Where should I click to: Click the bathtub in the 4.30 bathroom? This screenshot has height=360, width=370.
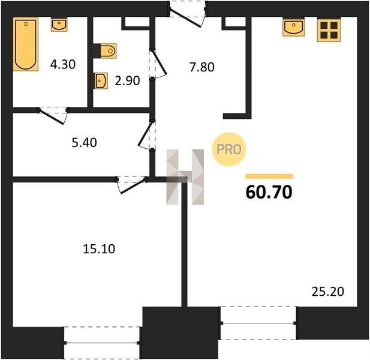(x=25, y=44)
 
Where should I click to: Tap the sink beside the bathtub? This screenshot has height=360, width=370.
(x=59, y=25)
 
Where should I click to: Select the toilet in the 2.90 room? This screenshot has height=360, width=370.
(x=105, y=51)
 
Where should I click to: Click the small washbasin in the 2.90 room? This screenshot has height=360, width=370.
(x=101, y=81)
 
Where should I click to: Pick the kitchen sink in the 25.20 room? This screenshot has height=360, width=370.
(x=294, y=28)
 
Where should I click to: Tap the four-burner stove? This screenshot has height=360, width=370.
(x=329, y=30)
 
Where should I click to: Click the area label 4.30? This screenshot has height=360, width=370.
(x=63, y=64)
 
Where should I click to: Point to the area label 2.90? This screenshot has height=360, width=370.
(x=127, y=81)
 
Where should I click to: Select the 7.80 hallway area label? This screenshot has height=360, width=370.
(x=202, y=67)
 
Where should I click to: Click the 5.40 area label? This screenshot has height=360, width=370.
(x=84, y=143)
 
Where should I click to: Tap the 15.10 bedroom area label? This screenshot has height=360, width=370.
(x=99, y=249)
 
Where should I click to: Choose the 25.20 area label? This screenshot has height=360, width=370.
(x=328, y=292)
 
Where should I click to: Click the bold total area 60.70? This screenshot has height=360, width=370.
(x=269, y=192)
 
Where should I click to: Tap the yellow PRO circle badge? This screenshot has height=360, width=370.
(x=229, y=149)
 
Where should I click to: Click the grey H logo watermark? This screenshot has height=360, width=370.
(x=185, y=177)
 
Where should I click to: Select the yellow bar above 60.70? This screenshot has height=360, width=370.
(x=269, y=176)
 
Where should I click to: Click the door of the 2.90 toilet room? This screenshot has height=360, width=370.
(x=157, y=63)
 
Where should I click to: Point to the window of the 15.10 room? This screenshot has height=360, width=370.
(x=102, y=343)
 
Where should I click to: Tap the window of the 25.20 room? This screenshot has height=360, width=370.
(x=258, y=323)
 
